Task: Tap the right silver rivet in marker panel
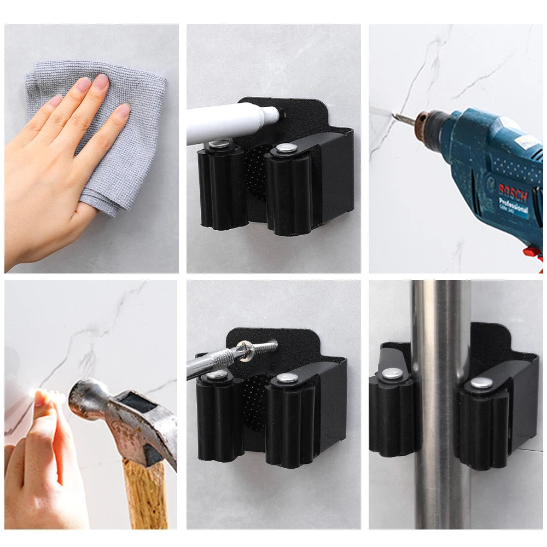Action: [x=285, y=148]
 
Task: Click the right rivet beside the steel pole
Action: [x=481, y=383]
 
